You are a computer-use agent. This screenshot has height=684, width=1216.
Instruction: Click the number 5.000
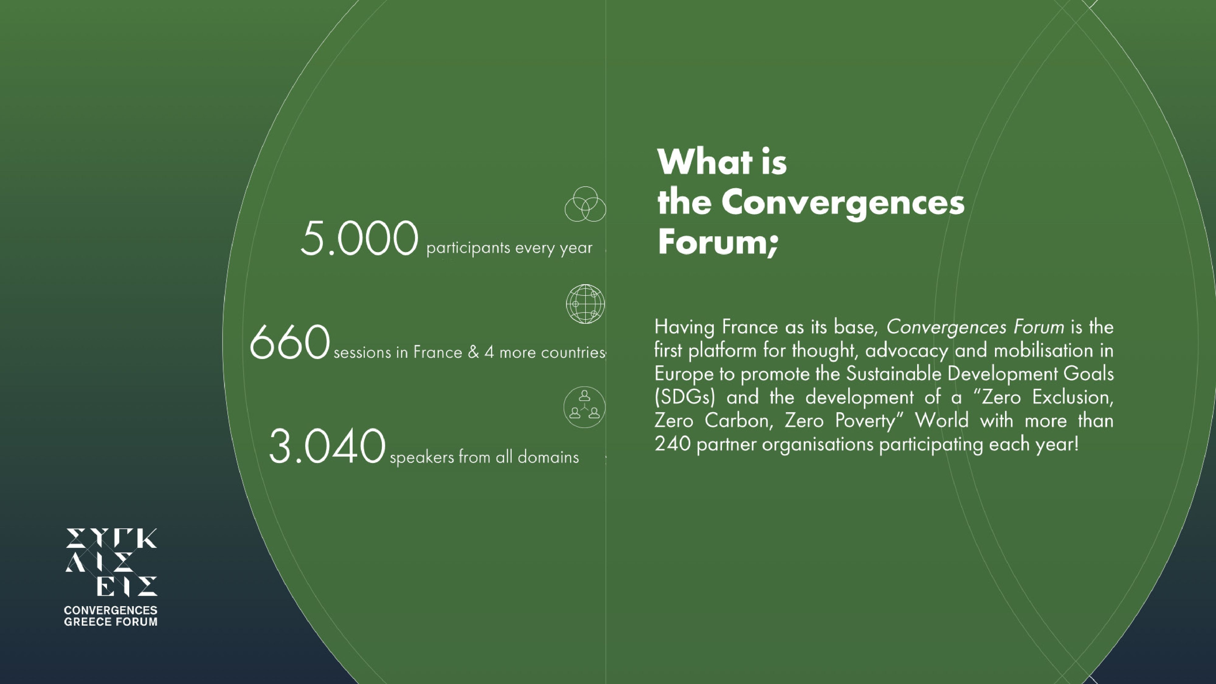359,238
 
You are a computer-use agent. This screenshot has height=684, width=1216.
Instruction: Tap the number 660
289,342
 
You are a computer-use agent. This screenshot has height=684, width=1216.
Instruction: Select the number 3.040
327,446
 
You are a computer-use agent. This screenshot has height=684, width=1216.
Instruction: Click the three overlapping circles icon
585,204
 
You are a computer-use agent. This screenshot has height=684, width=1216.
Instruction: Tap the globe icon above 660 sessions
585,304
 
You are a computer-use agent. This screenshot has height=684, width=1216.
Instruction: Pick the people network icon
584,407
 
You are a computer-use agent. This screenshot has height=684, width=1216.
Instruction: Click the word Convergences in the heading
843,203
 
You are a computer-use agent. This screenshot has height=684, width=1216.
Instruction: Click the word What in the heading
705,162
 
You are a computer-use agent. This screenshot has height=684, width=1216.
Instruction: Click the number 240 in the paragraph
672,444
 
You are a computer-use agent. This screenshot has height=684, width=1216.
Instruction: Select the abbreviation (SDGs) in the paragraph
685,397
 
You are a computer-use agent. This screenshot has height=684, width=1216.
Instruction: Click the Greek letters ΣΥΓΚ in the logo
111,538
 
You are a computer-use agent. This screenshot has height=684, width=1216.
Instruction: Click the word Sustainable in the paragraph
893,374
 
